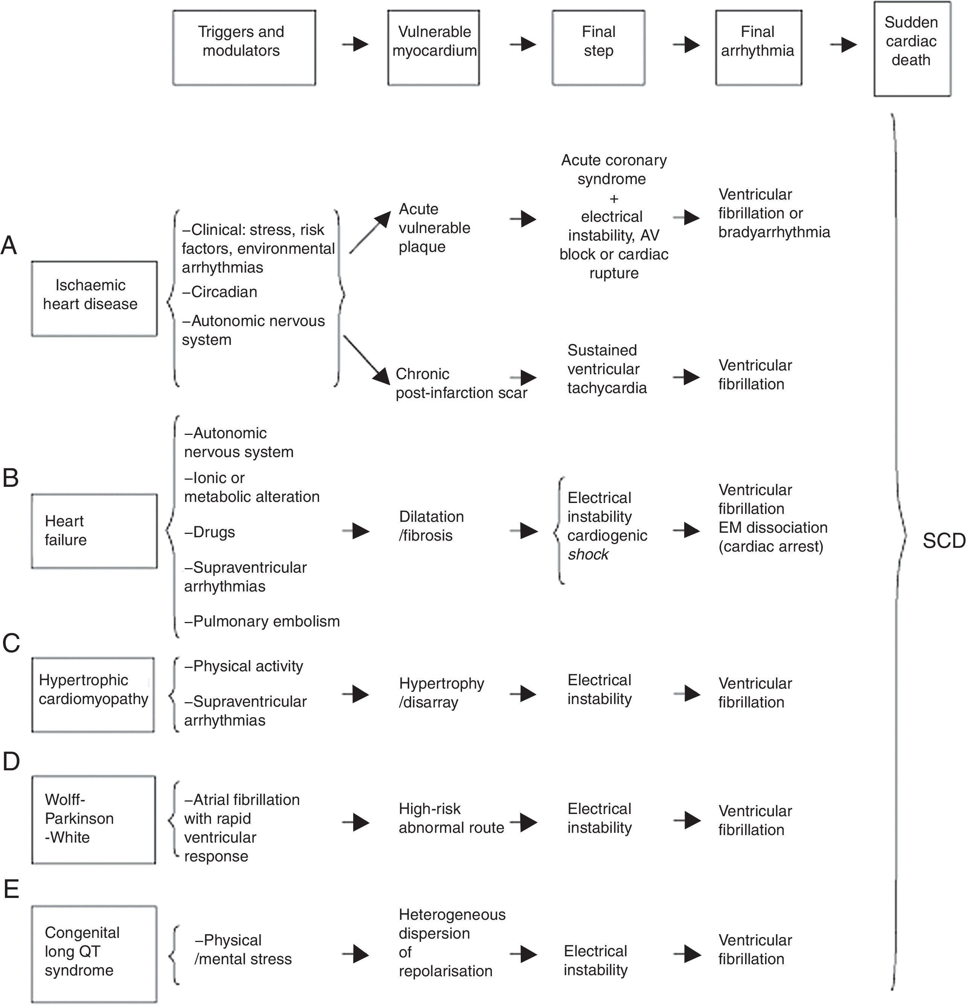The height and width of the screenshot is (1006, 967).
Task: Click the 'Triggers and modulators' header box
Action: point(244,48)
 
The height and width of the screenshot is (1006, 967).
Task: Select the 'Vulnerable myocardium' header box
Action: point(434,48)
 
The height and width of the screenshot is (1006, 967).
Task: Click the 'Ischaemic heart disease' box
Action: point(94,299)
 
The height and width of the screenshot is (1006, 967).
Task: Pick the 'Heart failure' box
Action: point(94,531)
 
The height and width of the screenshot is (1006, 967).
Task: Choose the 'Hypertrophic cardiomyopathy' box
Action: point(93,694)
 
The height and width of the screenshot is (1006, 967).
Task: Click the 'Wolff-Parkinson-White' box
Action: point(93,819)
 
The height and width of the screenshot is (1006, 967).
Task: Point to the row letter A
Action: point(9,246)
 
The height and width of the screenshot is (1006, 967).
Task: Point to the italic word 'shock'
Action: point(588,554)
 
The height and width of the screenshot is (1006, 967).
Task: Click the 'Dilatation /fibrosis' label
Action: point(431,526)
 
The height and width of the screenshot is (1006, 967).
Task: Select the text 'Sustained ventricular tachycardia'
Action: point(607,369)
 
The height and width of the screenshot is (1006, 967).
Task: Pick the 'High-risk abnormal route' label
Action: point(451,818)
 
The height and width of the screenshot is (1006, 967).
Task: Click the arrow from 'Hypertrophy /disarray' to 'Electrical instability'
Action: point(523,694)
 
